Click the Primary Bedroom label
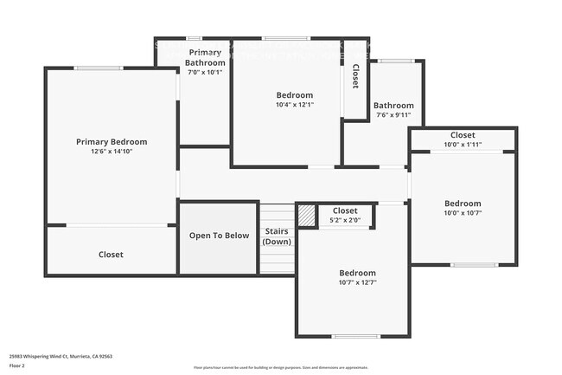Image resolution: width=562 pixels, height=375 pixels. tap(112, 142)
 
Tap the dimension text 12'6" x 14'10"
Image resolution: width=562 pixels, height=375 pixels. tap(112, 152)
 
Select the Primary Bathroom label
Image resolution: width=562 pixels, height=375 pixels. tap(206, 58)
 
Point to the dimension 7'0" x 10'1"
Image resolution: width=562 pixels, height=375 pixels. tap(206, 72)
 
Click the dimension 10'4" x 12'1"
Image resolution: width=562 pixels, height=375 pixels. tap(295, 105)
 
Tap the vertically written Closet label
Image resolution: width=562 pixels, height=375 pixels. tap(354, 76)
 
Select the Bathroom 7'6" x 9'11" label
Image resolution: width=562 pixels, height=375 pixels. tap(393, 106)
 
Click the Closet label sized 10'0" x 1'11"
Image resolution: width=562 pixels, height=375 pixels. tap(463, 135)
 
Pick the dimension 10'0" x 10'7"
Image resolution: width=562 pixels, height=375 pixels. tap(463, 213)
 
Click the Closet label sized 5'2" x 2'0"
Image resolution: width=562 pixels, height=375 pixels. tap(345, 210)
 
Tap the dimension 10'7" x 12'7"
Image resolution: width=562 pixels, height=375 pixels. tap(357, 282)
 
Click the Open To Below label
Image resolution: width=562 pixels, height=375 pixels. tap(219, 236)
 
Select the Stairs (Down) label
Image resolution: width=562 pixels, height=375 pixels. tap(277, 236)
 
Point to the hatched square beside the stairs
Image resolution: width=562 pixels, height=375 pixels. tap(306, 216)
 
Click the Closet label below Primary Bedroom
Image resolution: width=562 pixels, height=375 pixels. tap(111, 255)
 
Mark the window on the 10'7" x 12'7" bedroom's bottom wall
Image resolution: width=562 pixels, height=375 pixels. tap(355, 337)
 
